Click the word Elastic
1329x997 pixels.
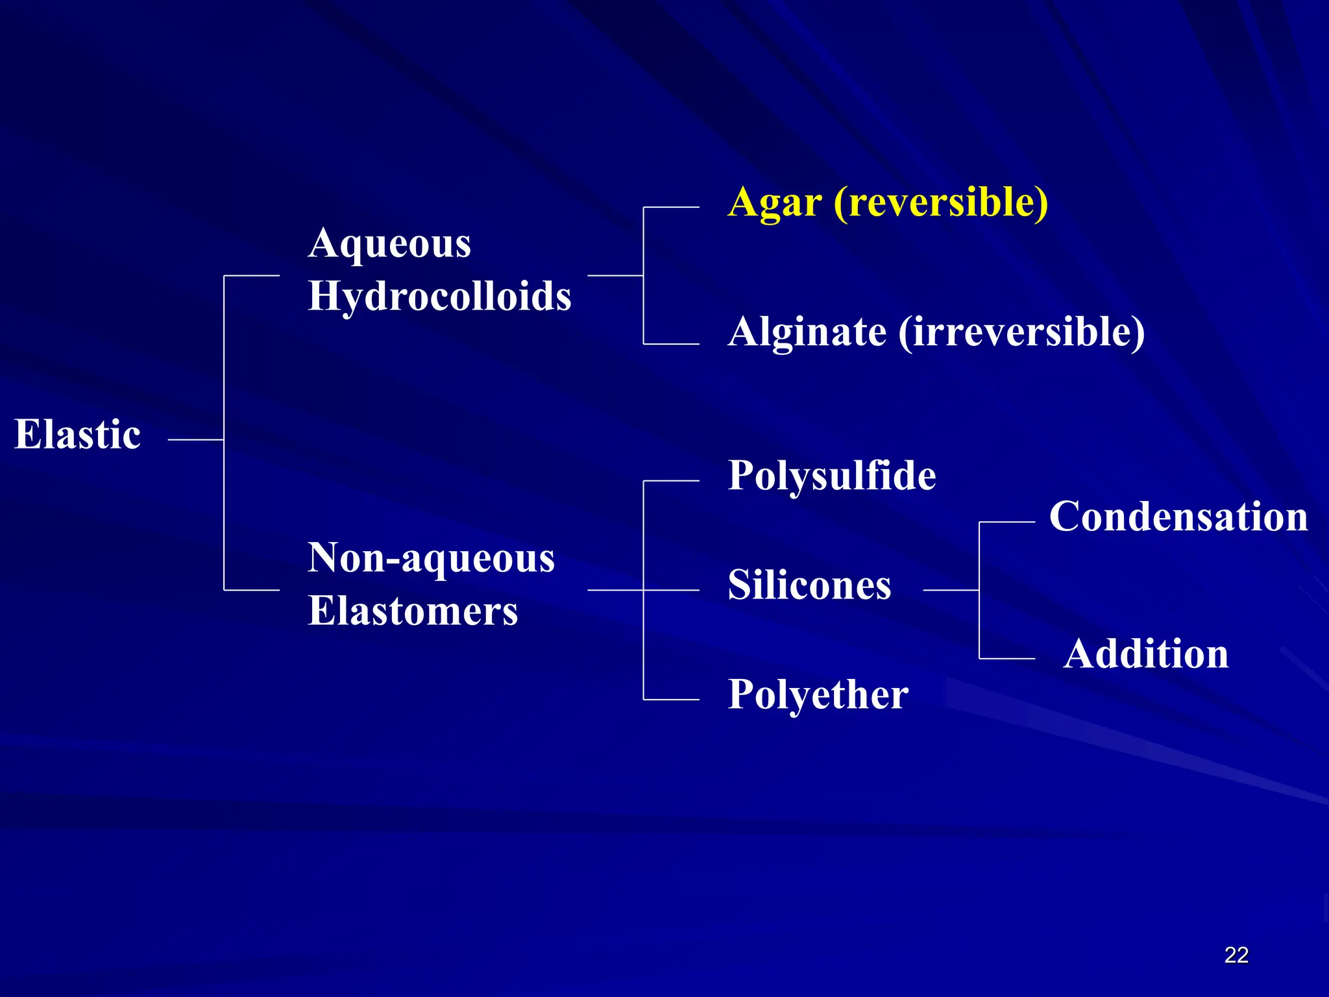pos(78,434)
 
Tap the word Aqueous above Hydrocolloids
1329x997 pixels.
pos(389,245)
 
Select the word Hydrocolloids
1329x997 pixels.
pos(439,297)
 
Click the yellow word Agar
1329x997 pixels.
pos(775,203)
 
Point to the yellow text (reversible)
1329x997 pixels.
pos(940,202)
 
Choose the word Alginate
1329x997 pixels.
pos(807,332)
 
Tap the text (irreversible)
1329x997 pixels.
pos(1021,332)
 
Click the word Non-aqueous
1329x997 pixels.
pos(431,558)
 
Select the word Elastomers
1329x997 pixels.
pos(413,611)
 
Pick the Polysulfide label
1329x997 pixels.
pos(832,476)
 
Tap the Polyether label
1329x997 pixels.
pos(818,695)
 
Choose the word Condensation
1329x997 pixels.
pos(1178,517)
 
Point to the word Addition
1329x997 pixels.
pos(1146,654)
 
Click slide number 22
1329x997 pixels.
pos(1236,955)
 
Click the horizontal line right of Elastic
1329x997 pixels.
pos(195,439)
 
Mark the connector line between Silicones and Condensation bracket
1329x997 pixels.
pos(951,590)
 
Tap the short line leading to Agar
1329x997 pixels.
pos(671,208)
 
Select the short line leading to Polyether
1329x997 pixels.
pos(671,700)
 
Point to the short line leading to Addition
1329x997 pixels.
pos(1006,659)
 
